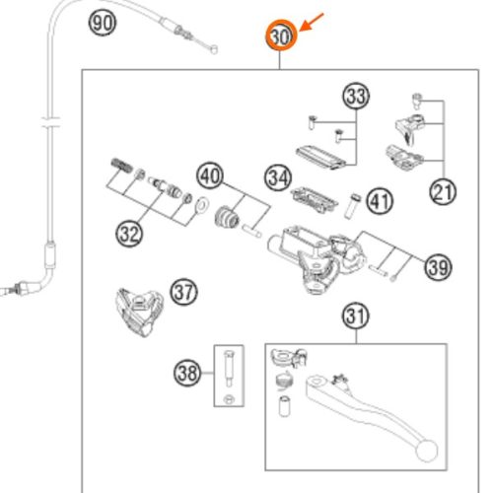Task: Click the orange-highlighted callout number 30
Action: (x=281, y=35)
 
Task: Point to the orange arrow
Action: (x=312, y=22)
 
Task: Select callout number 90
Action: (x=103, y=23)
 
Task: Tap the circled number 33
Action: (x=357, y=96)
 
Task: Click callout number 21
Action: (x=443, y=191)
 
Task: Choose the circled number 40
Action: (x=210, y=176)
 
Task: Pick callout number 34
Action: (x=278, y=177)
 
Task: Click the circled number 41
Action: (x=380, y=201)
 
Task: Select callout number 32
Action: (x=129, y=234)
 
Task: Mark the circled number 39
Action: (x=439, y=267)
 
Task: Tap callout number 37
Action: (x=184, y=292)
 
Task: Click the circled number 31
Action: (x=356, y=317)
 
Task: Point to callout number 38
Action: (x=187, y=373)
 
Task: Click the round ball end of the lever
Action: (x=426, y=451)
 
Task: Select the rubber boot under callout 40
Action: (x=227, y=217)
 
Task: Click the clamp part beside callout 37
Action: (x=140, y=312)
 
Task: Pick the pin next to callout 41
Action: (x=352, y=206)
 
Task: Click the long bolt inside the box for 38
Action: (x=228, y=368)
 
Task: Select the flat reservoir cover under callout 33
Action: (x=321, y=158)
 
